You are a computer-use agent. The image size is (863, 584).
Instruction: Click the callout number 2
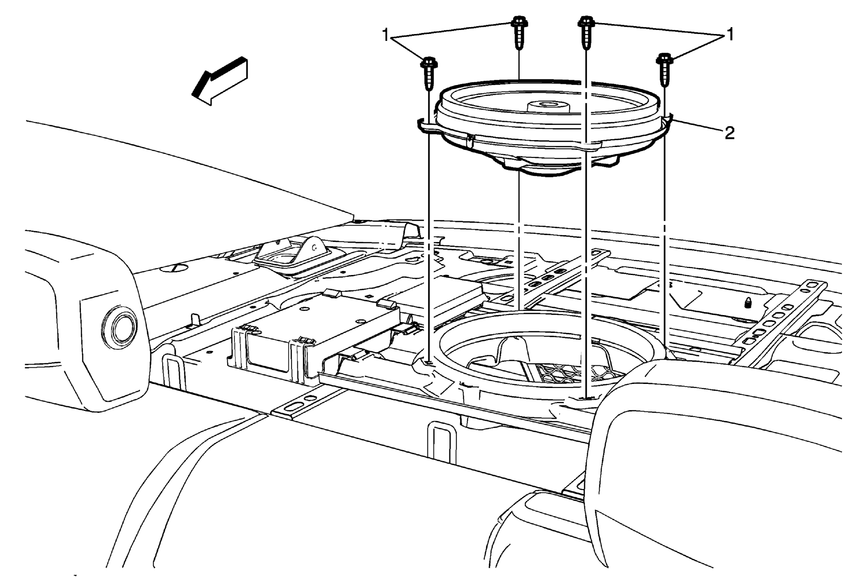coord(729,133)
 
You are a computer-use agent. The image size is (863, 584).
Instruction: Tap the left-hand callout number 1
coord(385,36)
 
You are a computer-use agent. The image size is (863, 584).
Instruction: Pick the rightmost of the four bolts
coord(664,70)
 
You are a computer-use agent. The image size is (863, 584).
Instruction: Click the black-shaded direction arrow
coord(220,81)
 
